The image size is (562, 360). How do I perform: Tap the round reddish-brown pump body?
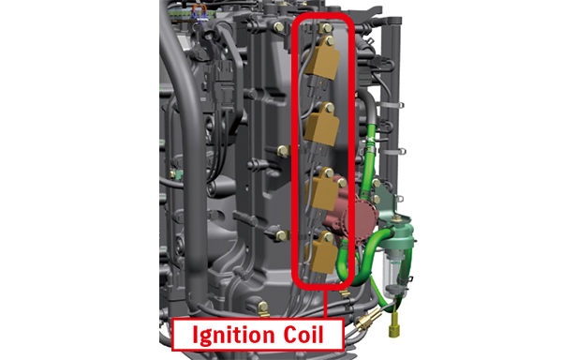tap(357, 219)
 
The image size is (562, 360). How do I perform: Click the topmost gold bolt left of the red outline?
tap(279, 26)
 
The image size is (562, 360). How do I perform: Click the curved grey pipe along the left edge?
tap(173, 141)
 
